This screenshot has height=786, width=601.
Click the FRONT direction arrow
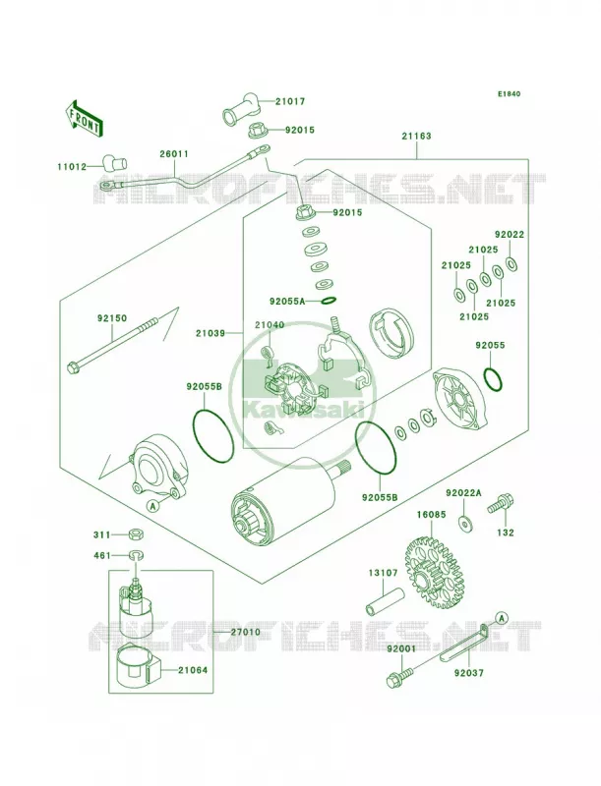pyautogui.click(x=84, y=118)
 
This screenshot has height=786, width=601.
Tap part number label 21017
pyautogui.click(x=290, y=101)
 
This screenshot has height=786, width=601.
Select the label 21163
pyautogui.click(x=416, y=136)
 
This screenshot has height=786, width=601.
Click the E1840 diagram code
pyautogui.click(x=509, y=93)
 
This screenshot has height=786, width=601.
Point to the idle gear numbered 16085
pyautogui.click(x=436, y=572)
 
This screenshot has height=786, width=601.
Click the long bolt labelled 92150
pyautogui.click(x=114, y=345)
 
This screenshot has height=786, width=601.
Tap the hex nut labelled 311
pyautogui.click(x=135, y=534)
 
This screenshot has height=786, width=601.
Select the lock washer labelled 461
pyautogui.click(x=135, y=555)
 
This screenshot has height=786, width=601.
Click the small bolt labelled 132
pyautogui.click(x=500, y=504)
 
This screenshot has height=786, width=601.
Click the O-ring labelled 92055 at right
pyautogui.click(x=493, y=378)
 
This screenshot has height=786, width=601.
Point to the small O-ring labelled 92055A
pyautogui.click(x=329, y=302)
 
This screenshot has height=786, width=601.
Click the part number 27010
pyautogui.click(x=245, y=632)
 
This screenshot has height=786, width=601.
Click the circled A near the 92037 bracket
pyautogui.click(x=503, y=617)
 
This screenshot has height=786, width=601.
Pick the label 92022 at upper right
pyautogui.click(x=510, y=235)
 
